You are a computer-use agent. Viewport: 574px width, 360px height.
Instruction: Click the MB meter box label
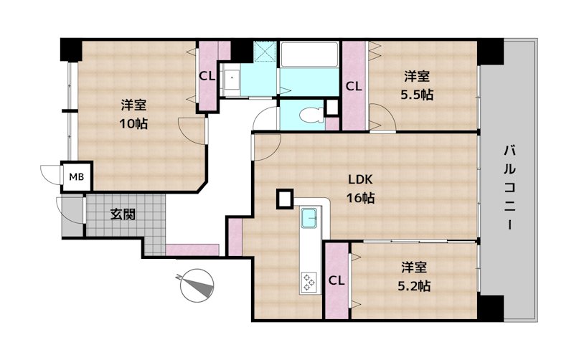pyautogui.click(x=77, y=177)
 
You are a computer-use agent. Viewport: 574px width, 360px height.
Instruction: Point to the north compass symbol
pyautogui.click(x=197, y=285)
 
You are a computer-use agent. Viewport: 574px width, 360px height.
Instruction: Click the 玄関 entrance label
pyautogui.click(x=123, y=214)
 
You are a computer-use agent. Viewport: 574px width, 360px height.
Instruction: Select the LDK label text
pyautogui.click(x=360, y=179)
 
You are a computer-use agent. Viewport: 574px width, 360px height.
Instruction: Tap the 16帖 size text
pyautogui.click(x=360, y=198)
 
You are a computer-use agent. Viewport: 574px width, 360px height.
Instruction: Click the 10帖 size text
pyautogui.click(x=133, y=123)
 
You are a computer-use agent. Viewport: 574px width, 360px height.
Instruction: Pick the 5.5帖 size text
pyautogui.click(x=417, y=95)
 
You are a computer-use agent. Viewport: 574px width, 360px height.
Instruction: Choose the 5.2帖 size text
pyautogui.click(x=414, y=285)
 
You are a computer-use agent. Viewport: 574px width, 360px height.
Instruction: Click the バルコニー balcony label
pyautogui.click(x=509, y=187)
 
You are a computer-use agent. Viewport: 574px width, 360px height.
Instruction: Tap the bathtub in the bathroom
pyautogui.click(x=310, y=55)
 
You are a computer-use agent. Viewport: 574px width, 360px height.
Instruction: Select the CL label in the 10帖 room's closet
pyautogui.click(x=207, y=76)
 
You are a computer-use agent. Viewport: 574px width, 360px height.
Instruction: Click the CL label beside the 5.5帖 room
pyautogui.click(x=354, y=86)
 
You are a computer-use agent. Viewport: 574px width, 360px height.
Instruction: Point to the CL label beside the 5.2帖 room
pyautogui.click(x=337, y=280)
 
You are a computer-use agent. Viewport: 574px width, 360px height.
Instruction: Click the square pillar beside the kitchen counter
pyautogui.click(x=285, y=199)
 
